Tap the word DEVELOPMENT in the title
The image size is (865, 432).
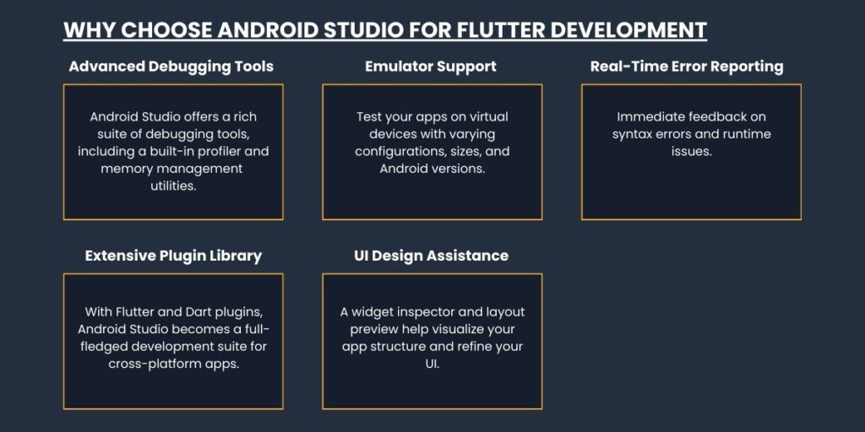pyautogui.click(x=628, y=30)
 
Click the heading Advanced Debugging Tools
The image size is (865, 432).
pyautogui.click(x=171, y=67)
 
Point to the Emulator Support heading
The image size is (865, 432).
pyautogui.click(x=431, y=67)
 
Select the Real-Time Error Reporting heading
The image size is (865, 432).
pyautogui.click(x=687, y=67)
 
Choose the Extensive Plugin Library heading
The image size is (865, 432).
pyautogui.click(x=173, y=256)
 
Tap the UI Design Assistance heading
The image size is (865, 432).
pyautogui.click(x=431, y=256)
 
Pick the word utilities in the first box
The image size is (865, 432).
pyautogui.click(x=173, y=186)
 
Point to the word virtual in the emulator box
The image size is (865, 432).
pyautogui.click(x=488, y=116)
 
